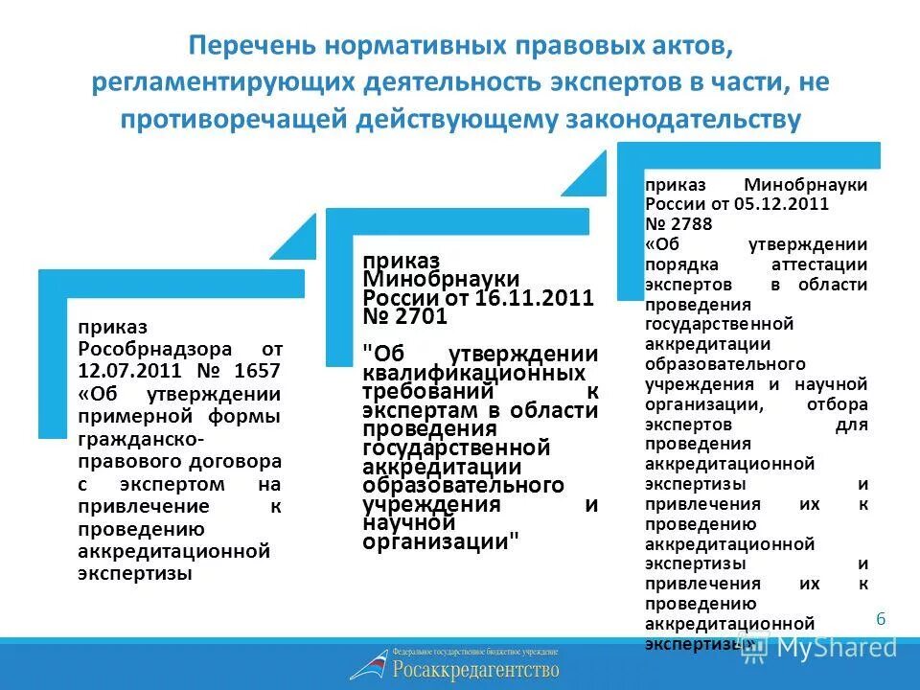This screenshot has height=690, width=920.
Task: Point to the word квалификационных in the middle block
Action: click(x=474, y=372)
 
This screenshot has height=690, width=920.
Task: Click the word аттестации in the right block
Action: click(x=819, y=264)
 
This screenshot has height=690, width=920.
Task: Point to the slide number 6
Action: click(x=881, y=619)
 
